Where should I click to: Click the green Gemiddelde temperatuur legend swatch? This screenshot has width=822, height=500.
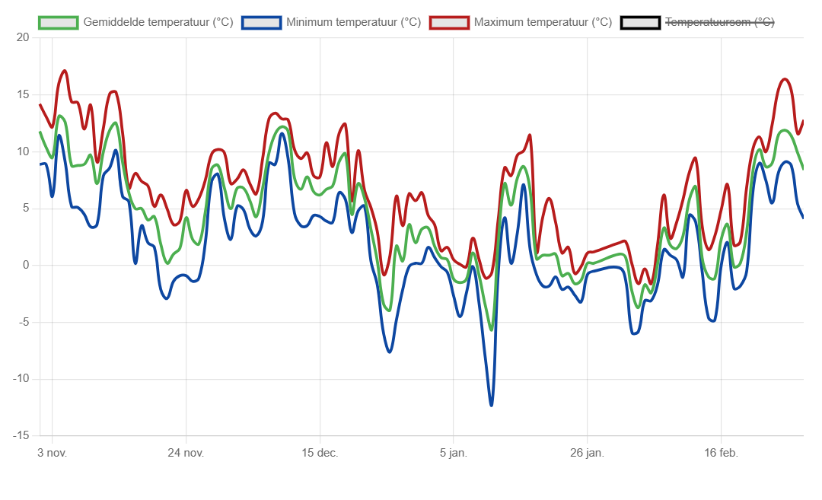59,23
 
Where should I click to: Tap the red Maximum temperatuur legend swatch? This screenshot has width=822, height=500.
449,23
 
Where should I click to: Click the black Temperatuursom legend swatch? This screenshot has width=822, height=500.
640,23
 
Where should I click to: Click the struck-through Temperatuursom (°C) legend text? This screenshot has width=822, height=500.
720,23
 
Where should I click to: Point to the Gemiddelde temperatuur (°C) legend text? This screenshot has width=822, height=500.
158,23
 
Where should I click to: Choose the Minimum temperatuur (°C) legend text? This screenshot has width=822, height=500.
354,23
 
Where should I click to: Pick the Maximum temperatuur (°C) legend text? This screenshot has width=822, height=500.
543,23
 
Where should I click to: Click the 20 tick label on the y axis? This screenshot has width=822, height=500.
22,38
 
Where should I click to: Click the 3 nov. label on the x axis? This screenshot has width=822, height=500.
53,453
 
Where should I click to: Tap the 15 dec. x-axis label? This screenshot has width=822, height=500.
320,453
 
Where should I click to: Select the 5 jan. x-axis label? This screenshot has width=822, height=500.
454,453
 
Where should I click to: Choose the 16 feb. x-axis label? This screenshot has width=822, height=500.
721,453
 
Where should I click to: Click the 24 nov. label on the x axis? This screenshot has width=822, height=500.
186,453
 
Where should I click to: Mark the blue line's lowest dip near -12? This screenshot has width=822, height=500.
491,405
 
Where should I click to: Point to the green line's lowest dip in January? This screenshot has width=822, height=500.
491,330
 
